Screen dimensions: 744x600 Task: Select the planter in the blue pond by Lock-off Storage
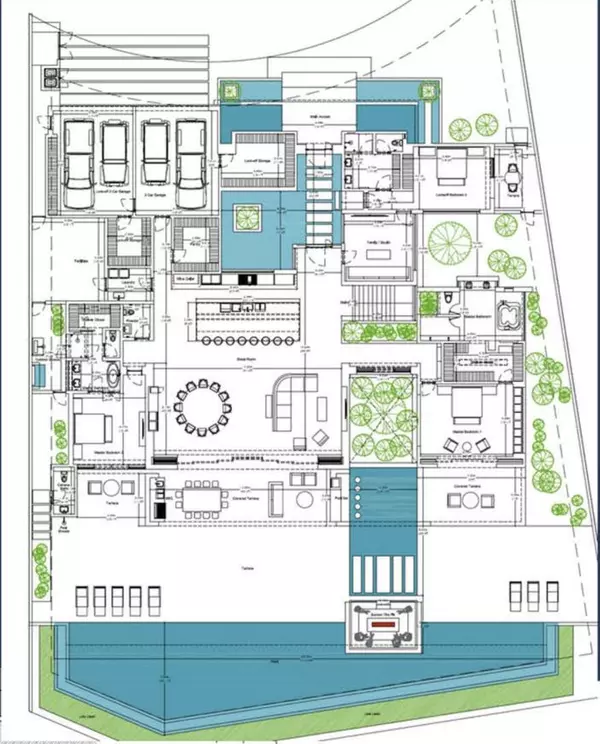click(248, 215)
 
